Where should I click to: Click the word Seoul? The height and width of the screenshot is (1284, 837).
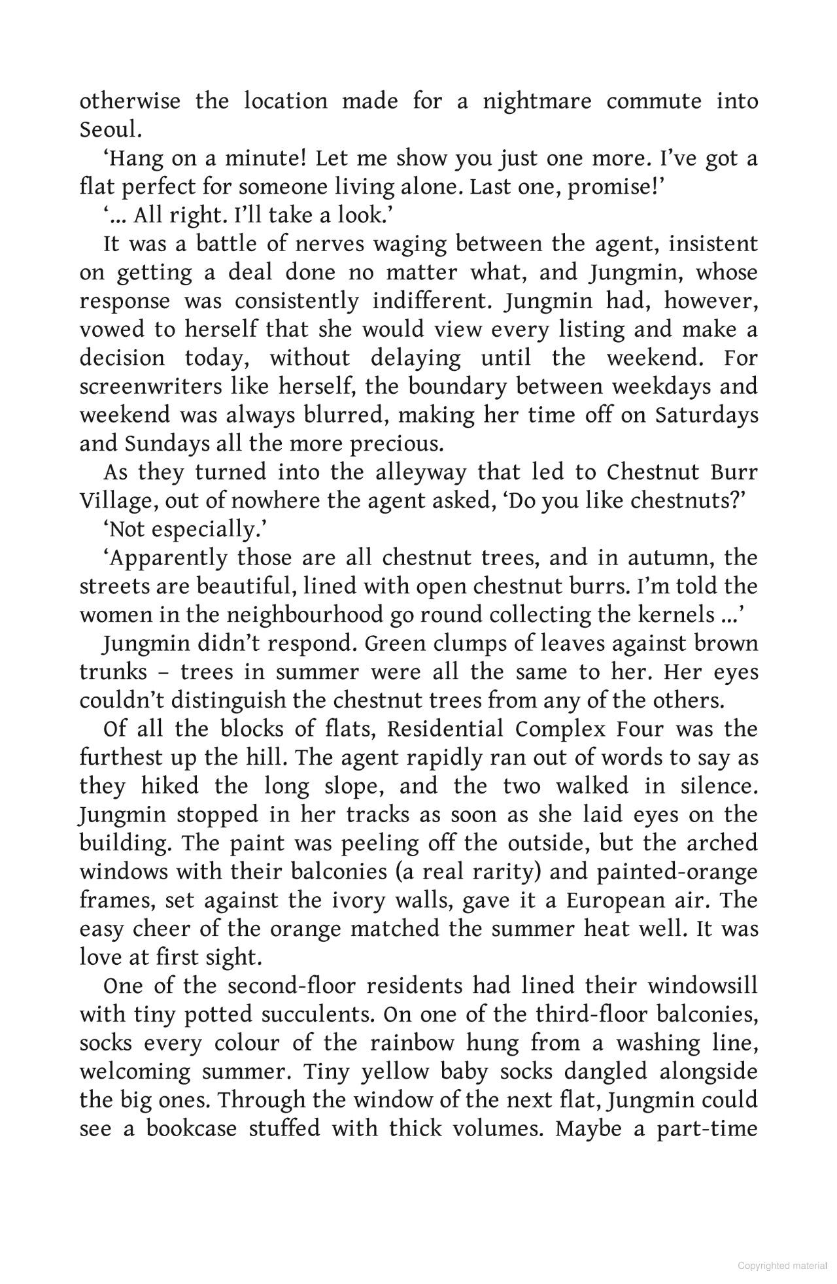tap(110, 130)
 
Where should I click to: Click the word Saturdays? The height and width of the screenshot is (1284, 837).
tap(707, 415)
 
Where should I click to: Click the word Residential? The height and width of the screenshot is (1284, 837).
tap(445, 729)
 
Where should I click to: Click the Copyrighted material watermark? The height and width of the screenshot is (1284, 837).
tap(782, 1266)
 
